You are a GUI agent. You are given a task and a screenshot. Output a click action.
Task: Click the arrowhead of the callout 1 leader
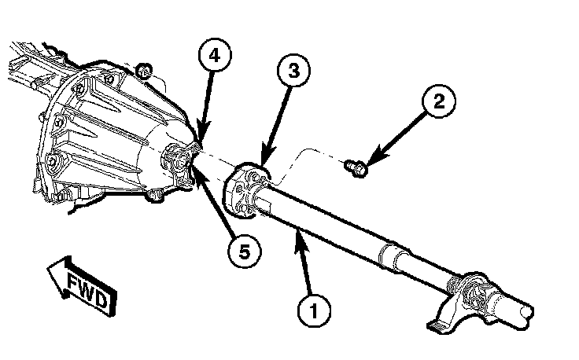[x=297, y=229]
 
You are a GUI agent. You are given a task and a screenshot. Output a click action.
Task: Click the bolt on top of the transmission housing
[x=145, y=73]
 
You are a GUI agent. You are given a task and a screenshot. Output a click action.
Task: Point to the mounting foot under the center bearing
[x=441, y=323]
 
